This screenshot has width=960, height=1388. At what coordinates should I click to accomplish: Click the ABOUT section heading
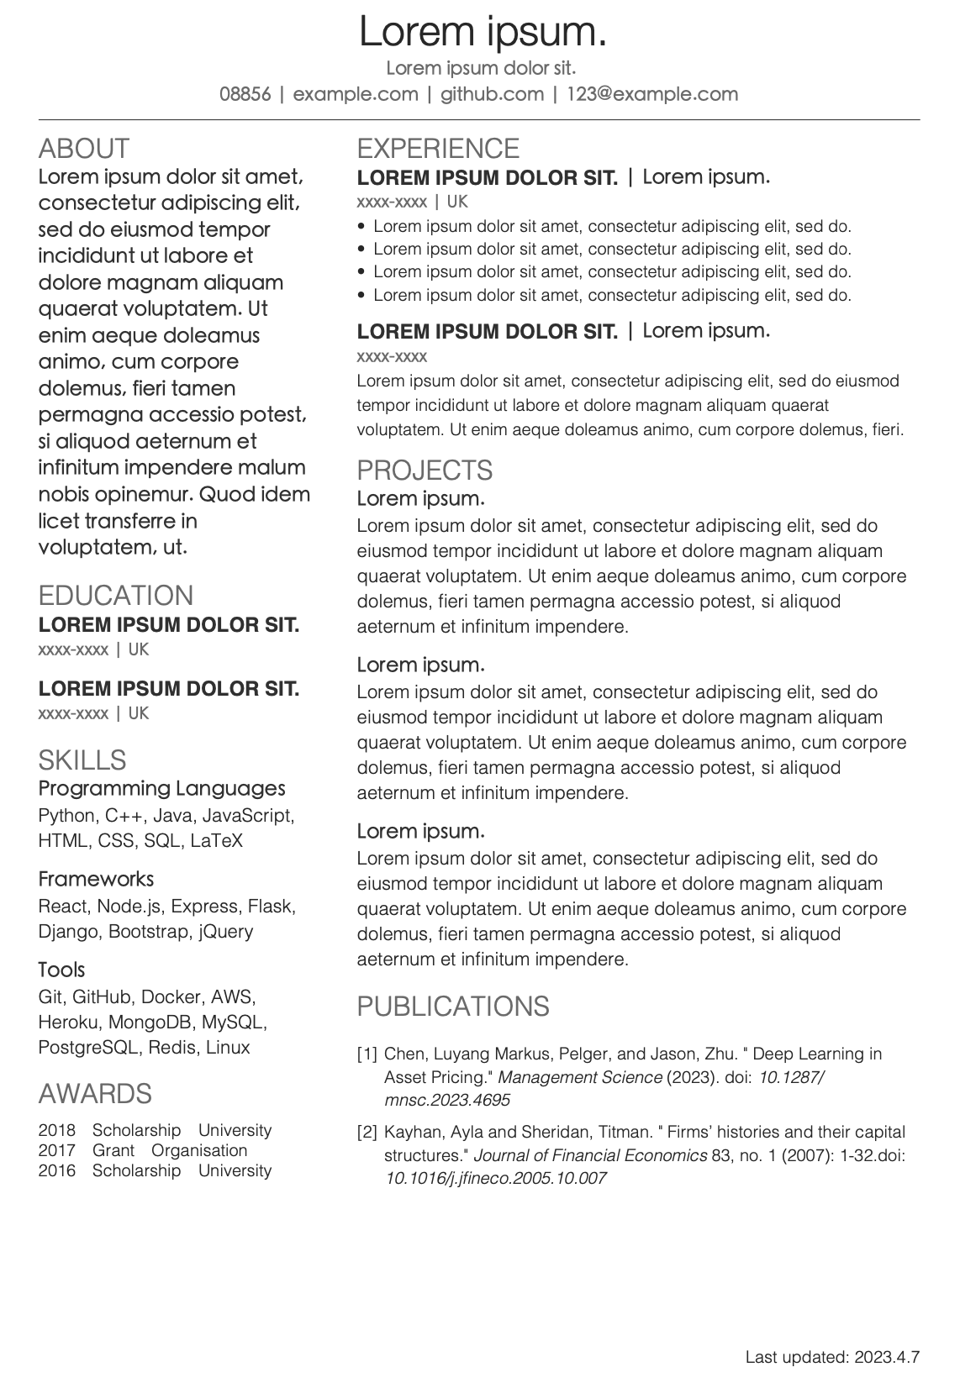pyautogui.click(x=84, y=149)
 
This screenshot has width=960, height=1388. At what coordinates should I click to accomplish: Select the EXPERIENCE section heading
pyautogui.click(x=438, y=149)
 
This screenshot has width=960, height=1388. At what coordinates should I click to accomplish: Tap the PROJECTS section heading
pyautogui.click(x=425, y=471)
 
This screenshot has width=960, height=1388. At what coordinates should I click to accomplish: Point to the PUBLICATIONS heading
pyautogui.click(x=453, y=1007)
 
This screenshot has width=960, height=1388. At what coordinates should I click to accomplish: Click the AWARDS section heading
pyautogui.click(x=95, y=1094)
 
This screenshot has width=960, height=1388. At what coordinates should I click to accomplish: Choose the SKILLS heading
pyautogui.click(x=82, y=760)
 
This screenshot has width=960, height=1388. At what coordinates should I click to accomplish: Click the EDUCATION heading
pyautogui.click(x=116, y=596)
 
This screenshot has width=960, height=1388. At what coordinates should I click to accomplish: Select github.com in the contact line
pyautogui.click(x=492, y=94)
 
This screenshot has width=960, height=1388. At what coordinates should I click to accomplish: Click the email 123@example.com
pyautogui.click(x=651, y=94)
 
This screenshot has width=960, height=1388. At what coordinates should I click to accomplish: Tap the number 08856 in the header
pyautogui.click(x=245, y=94)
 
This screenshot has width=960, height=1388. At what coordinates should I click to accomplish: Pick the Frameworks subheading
pyautogui.click(x=96, y=879)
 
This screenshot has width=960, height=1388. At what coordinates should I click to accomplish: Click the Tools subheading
pyautogui.click(x=61, y=970)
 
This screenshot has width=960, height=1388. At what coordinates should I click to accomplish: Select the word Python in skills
pyautogui.click(x=67, y=816)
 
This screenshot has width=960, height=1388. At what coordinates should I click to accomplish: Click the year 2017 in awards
pyautogui.click(x=56, y=1151)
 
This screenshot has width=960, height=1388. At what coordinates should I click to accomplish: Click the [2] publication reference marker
pyautogui.click(x=367, y=1133)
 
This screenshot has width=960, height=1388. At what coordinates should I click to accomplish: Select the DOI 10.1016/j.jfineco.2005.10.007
pyautogui.click(x=496, y=1178)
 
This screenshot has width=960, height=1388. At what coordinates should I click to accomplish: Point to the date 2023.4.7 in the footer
pyautogui.click(x=887, y=1357)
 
